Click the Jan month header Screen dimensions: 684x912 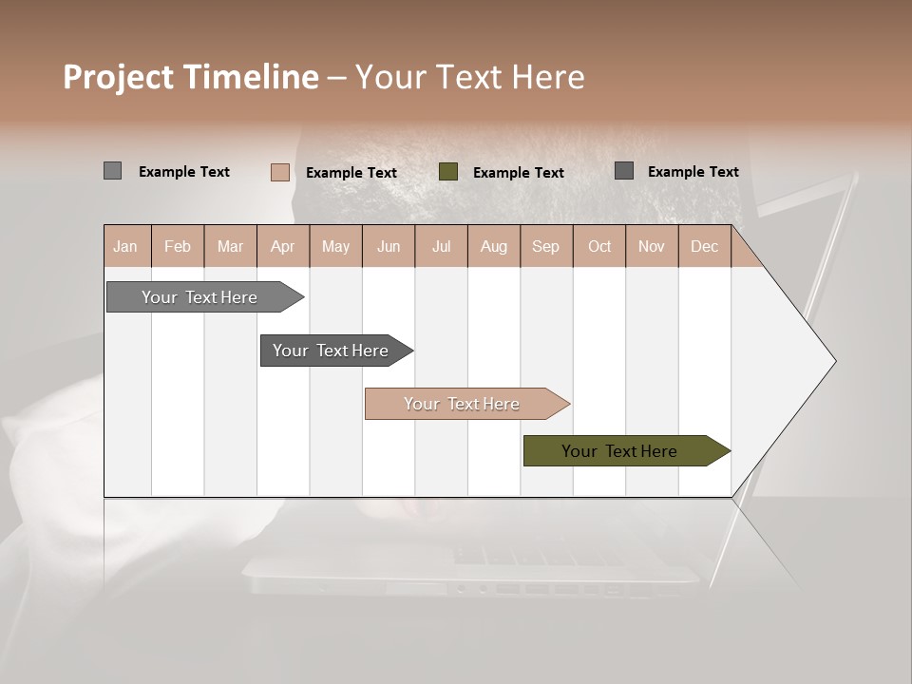pos(125,247)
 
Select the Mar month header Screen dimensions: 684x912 pos(230,247)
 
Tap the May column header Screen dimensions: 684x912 pos(335,247)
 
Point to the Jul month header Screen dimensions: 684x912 pos(441,247)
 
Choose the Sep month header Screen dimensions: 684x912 pos(545,247)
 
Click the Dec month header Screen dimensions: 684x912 pos(704,247)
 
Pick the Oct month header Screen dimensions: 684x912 pos(599,247)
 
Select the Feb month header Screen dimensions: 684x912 pos(178,247)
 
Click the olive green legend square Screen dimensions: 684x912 pos(448,172)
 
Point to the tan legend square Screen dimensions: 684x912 pos(280,172)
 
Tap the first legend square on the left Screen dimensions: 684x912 pos(112,171)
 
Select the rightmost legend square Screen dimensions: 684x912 pos(624,171)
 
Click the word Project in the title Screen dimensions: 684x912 pos(119,78)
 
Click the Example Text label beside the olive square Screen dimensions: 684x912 pos(518,173)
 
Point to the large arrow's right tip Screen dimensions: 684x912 pos(834,361)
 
